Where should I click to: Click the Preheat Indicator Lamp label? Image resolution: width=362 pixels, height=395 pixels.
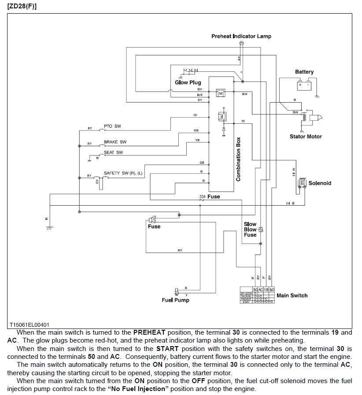coord(241,36)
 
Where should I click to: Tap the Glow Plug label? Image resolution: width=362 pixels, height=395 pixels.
coord(188,82)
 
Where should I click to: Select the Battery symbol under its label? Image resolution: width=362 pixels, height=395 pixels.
coord(304,83)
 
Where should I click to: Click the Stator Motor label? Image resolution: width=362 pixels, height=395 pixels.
coord(306,137)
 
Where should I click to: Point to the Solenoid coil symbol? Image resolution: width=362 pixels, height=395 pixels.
coord(302,183)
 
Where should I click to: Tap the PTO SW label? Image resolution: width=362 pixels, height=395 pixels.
coord(112,126)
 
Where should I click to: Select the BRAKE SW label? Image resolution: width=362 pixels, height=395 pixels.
coord(115,142)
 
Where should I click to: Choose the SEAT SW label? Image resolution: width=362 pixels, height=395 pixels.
coord(114,152)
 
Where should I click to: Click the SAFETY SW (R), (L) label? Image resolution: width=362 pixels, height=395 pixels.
coord(123,173)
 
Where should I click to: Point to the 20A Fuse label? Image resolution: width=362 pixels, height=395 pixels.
coord(209,196)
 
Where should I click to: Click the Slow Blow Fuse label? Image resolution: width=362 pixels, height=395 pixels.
coord(250,229)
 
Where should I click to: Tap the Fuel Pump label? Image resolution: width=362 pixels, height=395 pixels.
coord(175,300)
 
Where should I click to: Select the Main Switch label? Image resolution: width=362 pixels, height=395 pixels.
coord(292,295)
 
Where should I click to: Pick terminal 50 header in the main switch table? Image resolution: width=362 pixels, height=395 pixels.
coord(271,290)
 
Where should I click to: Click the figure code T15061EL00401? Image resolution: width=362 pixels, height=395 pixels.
coord(30,325)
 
